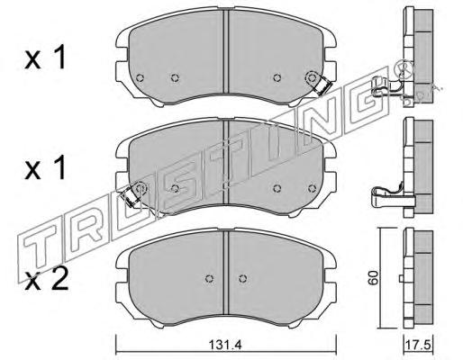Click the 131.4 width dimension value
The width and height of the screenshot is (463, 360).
(x=225, y=345)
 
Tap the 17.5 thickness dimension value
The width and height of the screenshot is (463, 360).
(x=418, y=345)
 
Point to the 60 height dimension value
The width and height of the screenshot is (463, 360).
(x=373, y=278)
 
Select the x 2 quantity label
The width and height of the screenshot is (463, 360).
(x=46, y=281)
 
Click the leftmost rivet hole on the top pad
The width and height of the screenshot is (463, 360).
(x=140, y=78)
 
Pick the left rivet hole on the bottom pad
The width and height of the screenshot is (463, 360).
(x=209, y=278)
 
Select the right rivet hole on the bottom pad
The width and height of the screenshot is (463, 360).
(x=243, y=278)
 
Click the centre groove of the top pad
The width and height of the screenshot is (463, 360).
(x=226, y=51)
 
